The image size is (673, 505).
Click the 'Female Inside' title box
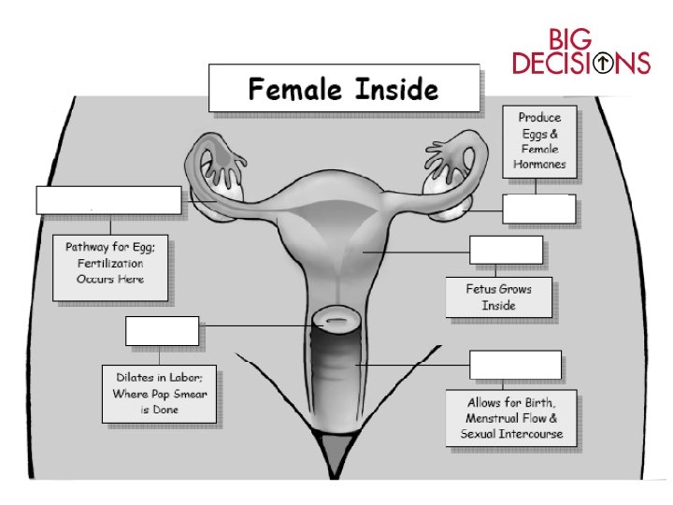[342, 90]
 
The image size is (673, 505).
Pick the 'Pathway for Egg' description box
[110, 267]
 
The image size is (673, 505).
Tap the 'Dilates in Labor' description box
[160, 394]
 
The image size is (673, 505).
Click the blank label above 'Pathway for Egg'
[108, 200]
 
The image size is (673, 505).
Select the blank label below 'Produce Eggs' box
[538, 209]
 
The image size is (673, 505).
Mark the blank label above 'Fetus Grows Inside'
[505, 251]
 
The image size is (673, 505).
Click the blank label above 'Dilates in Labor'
[162, 331]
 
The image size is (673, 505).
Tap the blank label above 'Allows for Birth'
[515, 365]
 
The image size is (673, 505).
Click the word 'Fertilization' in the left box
[111, 266]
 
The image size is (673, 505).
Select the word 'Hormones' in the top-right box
[539, 163]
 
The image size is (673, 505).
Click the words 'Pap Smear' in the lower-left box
[183, 394]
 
